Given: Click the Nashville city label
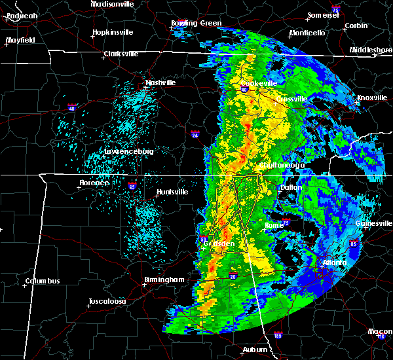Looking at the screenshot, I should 161,83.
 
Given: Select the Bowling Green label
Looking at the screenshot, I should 196,24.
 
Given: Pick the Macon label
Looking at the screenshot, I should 380,331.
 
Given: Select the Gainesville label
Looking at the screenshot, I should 375,223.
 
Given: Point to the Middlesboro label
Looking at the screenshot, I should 370,50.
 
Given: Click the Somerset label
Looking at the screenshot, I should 323,14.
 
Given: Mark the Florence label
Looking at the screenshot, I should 94,183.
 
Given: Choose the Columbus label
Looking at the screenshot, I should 43,281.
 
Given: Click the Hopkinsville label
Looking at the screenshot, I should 113,32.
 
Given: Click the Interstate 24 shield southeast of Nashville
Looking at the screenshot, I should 196,135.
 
